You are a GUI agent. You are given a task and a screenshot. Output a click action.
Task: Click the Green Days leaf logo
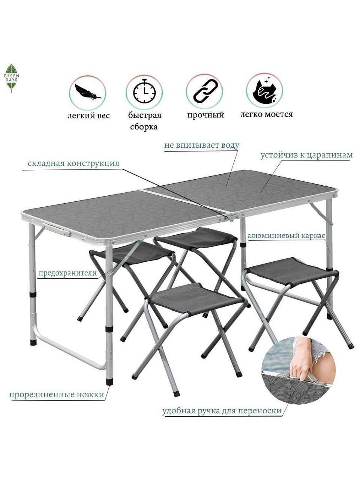11,78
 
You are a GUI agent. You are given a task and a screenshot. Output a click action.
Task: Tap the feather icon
88,92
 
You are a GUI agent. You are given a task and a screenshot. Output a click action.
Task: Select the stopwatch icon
144,91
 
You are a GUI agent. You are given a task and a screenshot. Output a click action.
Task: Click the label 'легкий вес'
88,115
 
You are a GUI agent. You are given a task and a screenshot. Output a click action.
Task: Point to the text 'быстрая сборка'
144,121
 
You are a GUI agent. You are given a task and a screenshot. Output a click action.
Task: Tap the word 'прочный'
205,115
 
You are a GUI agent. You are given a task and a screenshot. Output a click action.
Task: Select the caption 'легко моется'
267,114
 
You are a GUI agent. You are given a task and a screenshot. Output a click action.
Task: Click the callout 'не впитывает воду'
202,145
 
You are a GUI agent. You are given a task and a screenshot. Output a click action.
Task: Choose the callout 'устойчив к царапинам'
306,155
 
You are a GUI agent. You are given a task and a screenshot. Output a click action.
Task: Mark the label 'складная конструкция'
74,163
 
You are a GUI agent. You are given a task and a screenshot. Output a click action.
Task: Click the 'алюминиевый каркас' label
286,236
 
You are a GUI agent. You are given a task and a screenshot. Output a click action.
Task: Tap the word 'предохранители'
67,273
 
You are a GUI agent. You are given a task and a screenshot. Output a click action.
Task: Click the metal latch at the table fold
231,217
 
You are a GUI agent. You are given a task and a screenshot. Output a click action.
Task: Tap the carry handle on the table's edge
57,230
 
